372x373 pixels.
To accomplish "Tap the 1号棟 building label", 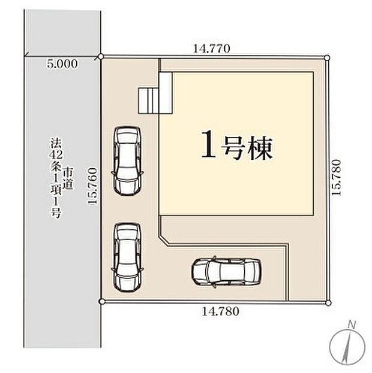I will pyautogui.click(x=236, y=146).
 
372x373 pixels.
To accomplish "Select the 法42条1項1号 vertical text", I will pyautogui.click(x=56, y=178).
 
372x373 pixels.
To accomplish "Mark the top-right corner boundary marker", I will pyautogui.click(x=327, y=57).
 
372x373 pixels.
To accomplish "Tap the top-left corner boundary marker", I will pyautogui.click(x=101, y=57).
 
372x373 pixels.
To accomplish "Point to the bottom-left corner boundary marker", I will pyautogui.click(x=101, y=301).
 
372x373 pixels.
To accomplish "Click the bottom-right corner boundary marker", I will pyautogui.click(x=328, y=301).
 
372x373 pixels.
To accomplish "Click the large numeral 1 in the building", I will pyautogui.click(x=208, y=146).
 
